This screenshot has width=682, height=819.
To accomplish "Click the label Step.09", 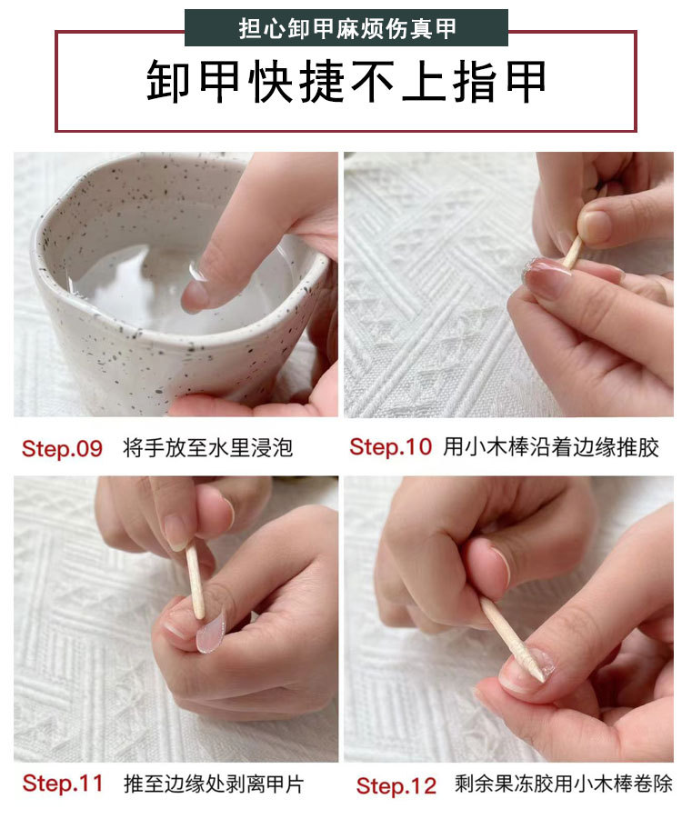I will tap(62, 448).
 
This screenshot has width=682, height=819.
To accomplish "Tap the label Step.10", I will tap(389, 447).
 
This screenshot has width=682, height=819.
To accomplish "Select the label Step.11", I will tap(62, 784).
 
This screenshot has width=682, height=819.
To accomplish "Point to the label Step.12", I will tap(396, 785).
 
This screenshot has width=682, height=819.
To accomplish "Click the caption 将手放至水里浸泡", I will tap(208, 448).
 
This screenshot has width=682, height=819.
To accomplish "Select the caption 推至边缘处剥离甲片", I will tap(215, 784).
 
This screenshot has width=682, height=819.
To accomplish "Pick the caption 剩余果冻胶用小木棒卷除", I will tap(563, 784).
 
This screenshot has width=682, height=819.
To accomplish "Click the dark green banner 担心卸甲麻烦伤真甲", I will tap(346, 28).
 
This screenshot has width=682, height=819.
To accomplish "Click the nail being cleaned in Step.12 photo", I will tap(527, 673).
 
